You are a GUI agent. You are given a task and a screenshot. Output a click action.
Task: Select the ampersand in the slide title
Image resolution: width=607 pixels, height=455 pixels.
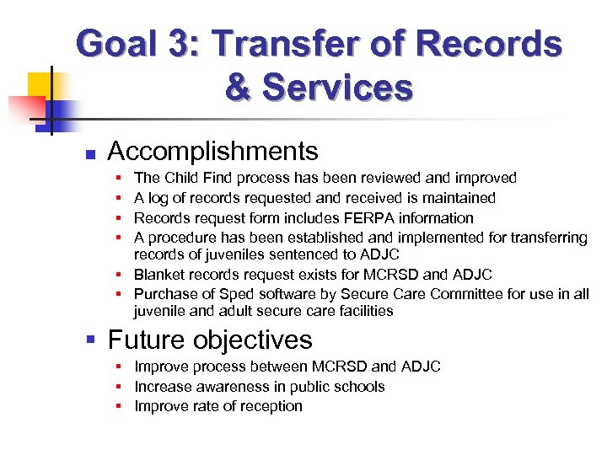pyautogui.click(x=239, y=87)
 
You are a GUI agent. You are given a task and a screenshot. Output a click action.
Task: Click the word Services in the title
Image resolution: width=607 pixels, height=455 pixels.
pyautogui.click(x=337, y=87)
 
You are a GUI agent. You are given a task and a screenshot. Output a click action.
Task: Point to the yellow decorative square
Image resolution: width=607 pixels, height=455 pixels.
pyautogui.click(x=42, y=85)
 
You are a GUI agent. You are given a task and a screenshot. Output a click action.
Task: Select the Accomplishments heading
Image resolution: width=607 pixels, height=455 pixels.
pyautogui.click(x=213, y=152)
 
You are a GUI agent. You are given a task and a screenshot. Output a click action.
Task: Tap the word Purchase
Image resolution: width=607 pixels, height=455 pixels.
pyautogui.click(x=164, y=294)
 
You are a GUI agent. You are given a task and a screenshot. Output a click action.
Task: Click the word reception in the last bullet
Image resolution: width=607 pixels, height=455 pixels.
pyautogui.click(x=270, y=406)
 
